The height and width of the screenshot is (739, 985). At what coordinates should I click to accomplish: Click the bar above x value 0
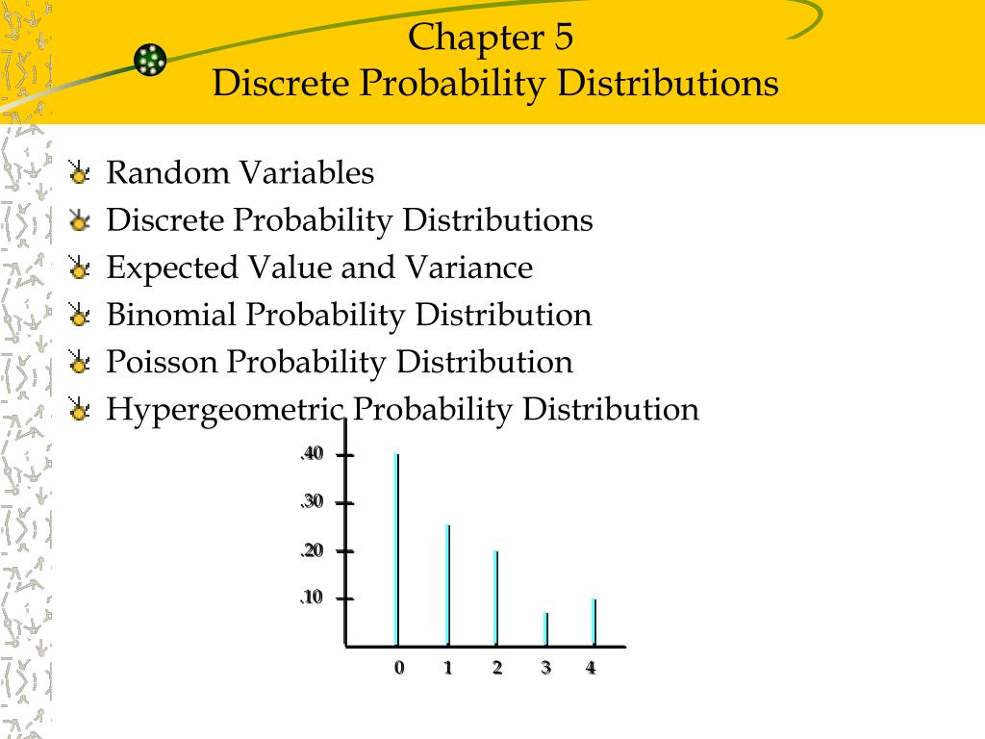pos(396,548)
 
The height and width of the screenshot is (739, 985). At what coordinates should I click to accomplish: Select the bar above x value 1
pos(447,584)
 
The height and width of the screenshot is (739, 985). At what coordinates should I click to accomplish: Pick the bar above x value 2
pos(496,597)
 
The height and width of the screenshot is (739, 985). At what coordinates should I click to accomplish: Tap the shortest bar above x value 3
pos(545,628)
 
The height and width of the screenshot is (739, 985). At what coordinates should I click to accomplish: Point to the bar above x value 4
pos(594,622)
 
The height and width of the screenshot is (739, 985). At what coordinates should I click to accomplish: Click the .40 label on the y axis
pos(312,454)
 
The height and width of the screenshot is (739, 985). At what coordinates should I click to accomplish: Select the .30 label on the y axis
pos(312,502)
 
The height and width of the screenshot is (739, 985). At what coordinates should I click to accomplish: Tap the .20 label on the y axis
pos(312,550)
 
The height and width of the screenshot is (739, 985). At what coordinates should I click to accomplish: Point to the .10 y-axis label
pos(312,599)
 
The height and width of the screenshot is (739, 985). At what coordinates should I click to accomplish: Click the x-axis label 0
pos(398,669)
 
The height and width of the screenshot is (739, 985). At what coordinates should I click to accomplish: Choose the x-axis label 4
pos(591,669)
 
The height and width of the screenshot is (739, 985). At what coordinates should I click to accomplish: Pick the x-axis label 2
pos(496,669)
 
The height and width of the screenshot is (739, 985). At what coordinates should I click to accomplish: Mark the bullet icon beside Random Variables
pos(79,174)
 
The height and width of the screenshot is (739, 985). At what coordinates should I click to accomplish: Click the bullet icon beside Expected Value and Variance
pos(79,268)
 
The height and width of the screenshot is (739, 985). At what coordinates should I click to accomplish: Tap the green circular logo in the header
pos(151,60)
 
